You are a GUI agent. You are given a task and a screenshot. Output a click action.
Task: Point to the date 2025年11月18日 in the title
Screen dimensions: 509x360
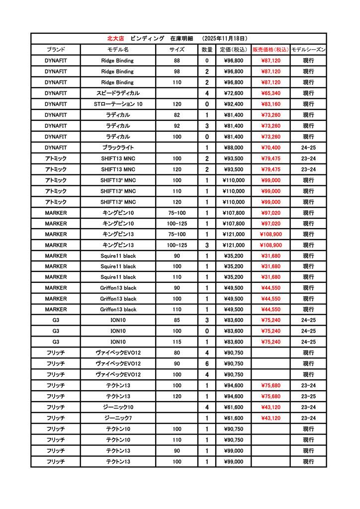click(225, 38)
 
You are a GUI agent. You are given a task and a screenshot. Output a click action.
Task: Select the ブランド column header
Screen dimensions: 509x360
click(56, 50)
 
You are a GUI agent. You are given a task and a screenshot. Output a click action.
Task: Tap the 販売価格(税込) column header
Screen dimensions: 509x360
click(270, 50)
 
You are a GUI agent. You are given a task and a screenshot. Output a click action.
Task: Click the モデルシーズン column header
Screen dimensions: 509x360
click(308, 50)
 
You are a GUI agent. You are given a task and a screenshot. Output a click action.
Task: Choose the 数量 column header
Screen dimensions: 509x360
click(207, 50)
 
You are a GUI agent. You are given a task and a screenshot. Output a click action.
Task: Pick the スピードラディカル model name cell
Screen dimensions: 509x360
click(117, 93)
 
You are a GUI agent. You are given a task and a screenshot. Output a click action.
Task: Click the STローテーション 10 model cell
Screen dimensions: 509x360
click(117, 104)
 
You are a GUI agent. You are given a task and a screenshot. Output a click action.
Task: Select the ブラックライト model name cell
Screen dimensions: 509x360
click(117, 148)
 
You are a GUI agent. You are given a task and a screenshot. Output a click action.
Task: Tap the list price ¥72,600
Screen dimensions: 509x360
click(233, 93)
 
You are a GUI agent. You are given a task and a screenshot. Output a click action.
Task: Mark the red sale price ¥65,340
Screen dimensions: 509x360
click(270, 93)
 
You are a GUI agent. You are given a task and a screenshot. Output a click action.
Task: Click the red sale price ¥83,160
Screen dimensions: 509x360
click(270, 104)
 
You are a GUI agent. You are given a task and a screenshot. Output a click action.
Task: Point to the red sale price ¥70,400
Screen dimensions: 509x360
click(270, 148)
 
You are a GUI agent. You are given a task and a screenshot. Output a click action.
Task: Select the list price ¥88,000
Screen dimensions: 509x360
click(233, 148)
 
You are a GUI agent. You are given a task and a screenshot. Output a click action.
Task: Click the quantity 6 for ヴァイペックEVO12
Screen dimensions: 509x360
click(207, 364)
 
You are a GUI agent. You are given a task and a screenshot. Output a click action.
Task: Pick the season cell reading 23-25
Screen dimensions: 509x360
click(308, 396)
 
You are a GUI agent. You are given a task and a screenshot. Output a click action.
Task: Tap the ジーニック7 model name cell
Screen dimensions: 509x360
click(117, 418)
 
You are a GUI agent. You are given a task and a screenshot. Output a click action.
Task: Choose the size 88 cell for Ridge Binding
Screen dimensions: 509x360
click(177, 61)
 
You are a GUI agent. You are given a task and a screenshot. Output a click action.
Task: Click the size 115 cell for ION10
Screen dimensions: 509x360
click(177, 342)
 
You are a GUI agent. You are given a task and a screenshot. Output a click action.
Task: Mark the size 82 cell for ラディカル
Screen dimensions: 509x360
click(177, 115)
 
